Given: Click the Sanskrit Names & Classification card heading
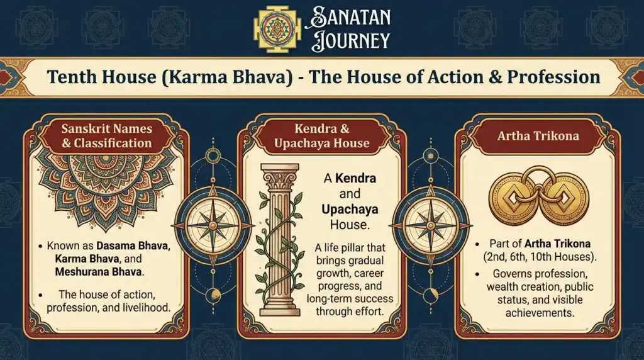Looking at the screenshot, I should pos(106,135).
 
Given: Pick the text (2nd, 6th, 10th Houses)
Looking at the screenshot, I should pos(537,256).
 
